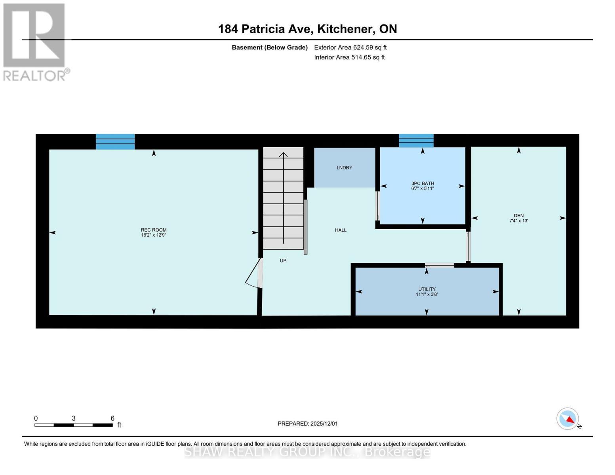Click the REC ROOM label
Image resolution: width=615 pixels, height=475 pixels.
click(154, 230)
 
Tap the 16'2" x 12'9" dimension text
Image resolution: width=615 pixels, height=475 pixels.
click(154, 235)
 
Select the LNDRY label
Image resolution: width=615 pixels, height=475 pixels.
click(344, 168)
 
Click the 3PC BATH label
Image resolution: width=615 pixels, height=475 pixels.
click(423, 183)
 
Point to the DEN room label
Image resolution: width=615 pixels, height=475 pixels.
click(518, 216)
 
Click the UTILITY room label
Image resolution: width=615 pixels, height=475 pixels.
click(427, 289)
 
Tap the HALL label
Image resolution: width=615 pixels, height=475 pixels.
click(341, 230)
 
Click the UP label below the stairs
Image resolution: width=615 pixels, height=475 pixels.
click(283, 261)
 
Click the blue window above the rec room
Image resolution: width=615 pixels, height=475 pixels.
click(115, 142)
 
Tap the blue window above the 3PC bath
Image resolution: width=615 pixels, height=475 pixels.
click(416, 141)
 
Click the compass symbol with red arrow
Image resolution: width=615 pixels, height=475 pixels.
click(568, 419)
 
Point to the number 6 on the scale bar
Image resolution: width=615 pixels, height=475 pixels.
click(112, 418)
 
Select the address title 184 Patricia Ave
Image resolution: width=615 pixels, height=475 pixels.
click(307, 29)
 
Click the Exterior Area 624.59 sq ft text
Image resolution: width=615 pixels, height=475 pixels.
click(350, 47)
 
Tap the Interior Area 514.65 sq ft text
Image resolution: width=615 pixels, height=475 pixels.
click(349, 57)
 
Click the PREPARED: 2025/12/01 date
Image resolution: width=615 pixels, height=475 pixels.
click(307, 424)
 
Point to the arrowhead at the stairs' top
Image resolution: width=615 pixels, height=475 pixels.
click(283, 154)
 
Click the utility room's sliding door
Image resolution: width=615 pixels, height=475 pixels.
click(440, 265)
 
